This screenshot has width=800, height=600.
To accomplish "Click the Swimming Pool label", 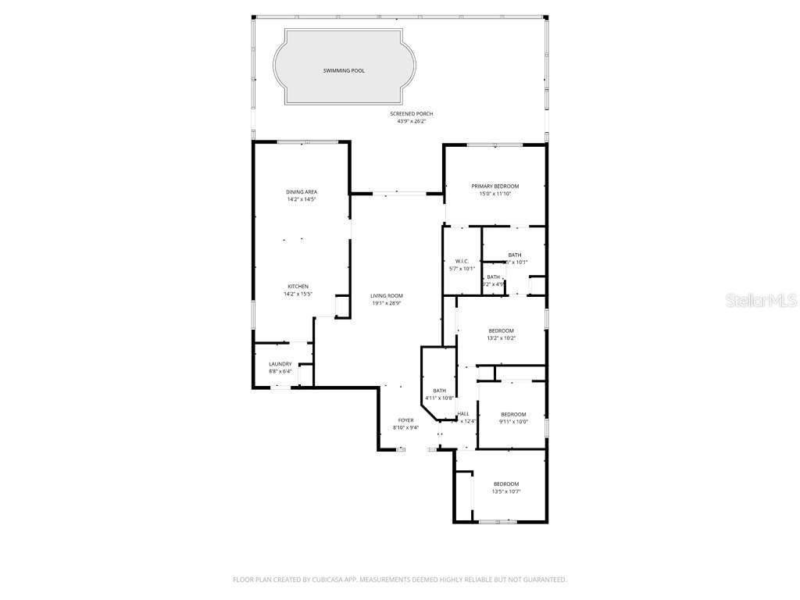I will [344, 71].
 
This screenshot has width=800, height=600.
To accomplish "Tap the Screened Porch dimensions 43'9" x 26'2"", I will [411, 122].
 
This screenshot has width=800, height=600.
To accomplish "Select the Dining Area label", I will [301, 191].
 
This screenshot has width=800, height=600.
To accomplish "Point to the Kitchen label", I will [298, 287].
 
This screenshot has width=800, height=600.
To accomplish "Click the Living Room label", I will [387, 295].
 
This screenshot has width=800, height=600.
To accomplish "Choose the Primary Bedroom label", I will [495, 186].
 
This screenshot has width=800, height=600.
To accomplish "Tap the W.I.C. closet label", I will [461, 261].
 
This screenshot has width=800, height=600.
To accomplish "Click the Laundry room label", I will [280, 364].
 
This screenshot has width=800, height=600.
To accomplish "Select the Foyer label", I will [405, 420].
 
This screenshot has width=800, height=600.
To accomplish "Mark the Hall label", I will [463, 414].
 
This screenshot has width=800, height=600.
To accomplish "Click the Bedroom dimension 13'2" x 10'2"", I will [501, 338].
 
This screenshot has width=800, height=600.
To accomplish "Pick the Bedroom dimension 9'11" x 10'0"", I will [513, 422].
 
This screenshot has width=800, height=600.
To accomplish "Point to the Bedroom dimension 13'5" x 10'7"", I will [505, 491].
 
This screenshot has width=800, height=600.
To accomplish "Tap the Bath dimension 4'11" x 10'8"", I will [439, 398].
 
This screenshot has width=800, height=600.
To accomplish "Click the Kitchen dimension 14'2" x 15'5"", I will [298, 295].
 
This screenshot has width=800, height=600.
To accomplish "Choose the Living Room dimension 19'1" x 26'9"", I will [387, 303].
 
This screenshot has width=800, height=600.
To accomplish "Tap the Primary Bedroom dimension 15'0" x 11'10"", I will [495, 194].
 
